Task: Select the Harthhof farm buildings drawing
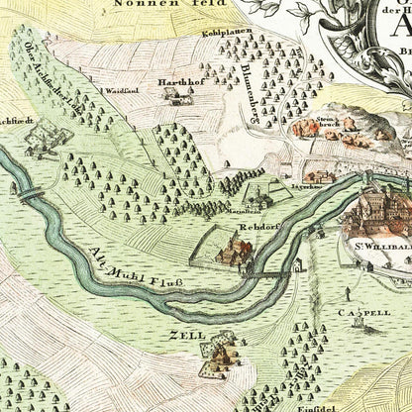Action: [x=176, y=97]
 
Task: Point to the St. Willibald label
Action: [x=377, y=238]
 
